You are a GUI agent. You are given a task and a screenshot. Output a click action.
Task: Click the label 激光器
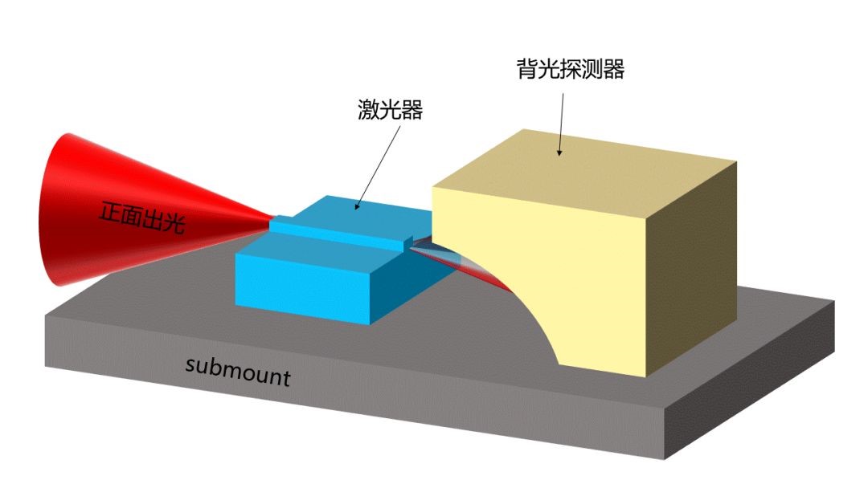coord(390,110)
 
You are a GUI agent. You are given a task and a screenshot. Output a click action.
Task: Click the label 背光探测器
coord(571,70)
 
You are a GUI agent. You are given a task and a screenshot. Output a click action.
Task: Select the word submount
coord(237,371)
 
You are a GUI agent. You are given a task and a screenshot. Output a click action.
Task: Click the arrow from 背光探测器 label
coord(560,121)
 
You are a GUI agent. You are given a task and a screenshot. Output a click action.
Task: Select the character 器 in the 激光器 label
coord(411,110)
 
